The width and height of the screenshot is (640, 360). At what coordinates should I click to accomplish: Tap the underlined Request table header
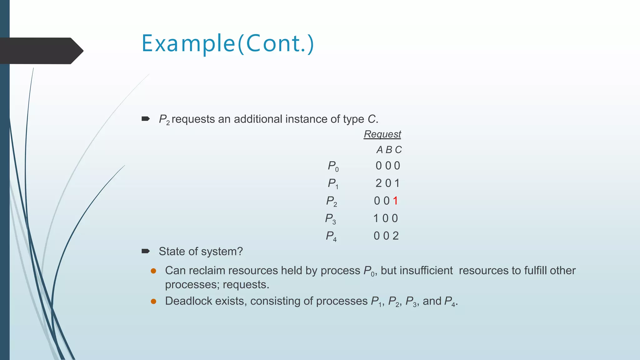[382, 134]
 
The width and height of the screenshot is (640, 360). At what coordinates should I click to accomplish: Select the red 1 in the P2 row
[395, 201]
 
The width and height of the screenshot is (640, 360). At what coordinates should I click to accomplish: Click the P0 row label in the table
[333, 166]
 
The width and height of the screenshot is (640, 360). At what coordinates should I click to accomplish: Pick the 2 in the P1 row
[378, 183]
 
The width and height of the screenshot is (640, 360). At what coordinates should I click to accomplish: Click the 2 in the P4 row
[396, 236]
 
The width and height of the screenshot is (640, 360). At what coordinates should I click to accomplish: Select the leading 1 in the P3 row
[376, 218]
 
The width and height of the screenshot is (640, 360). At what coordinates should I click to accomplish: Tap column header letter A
[379, 150]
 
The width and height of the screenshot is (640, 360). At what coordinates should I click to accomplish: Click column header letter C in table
[398, 150]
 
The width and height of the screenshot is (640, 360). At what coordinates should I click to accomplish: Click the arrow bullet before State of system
[146, 251]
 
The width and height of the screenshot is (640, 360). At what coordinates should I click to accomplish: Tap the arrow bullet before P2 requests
[146, 119]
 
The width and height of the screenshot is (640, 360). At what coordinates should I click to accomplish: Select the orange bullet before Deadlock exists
[153, 301]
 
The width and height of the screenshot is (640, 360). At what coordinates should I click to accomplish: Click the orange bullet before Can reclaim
[153, 271]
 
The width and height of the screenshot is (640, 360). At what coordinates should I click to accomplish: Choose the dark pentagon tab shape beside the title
[41, 51]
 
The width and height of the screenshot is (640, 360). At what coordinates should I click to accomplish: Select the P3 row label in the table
[330, 218]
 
